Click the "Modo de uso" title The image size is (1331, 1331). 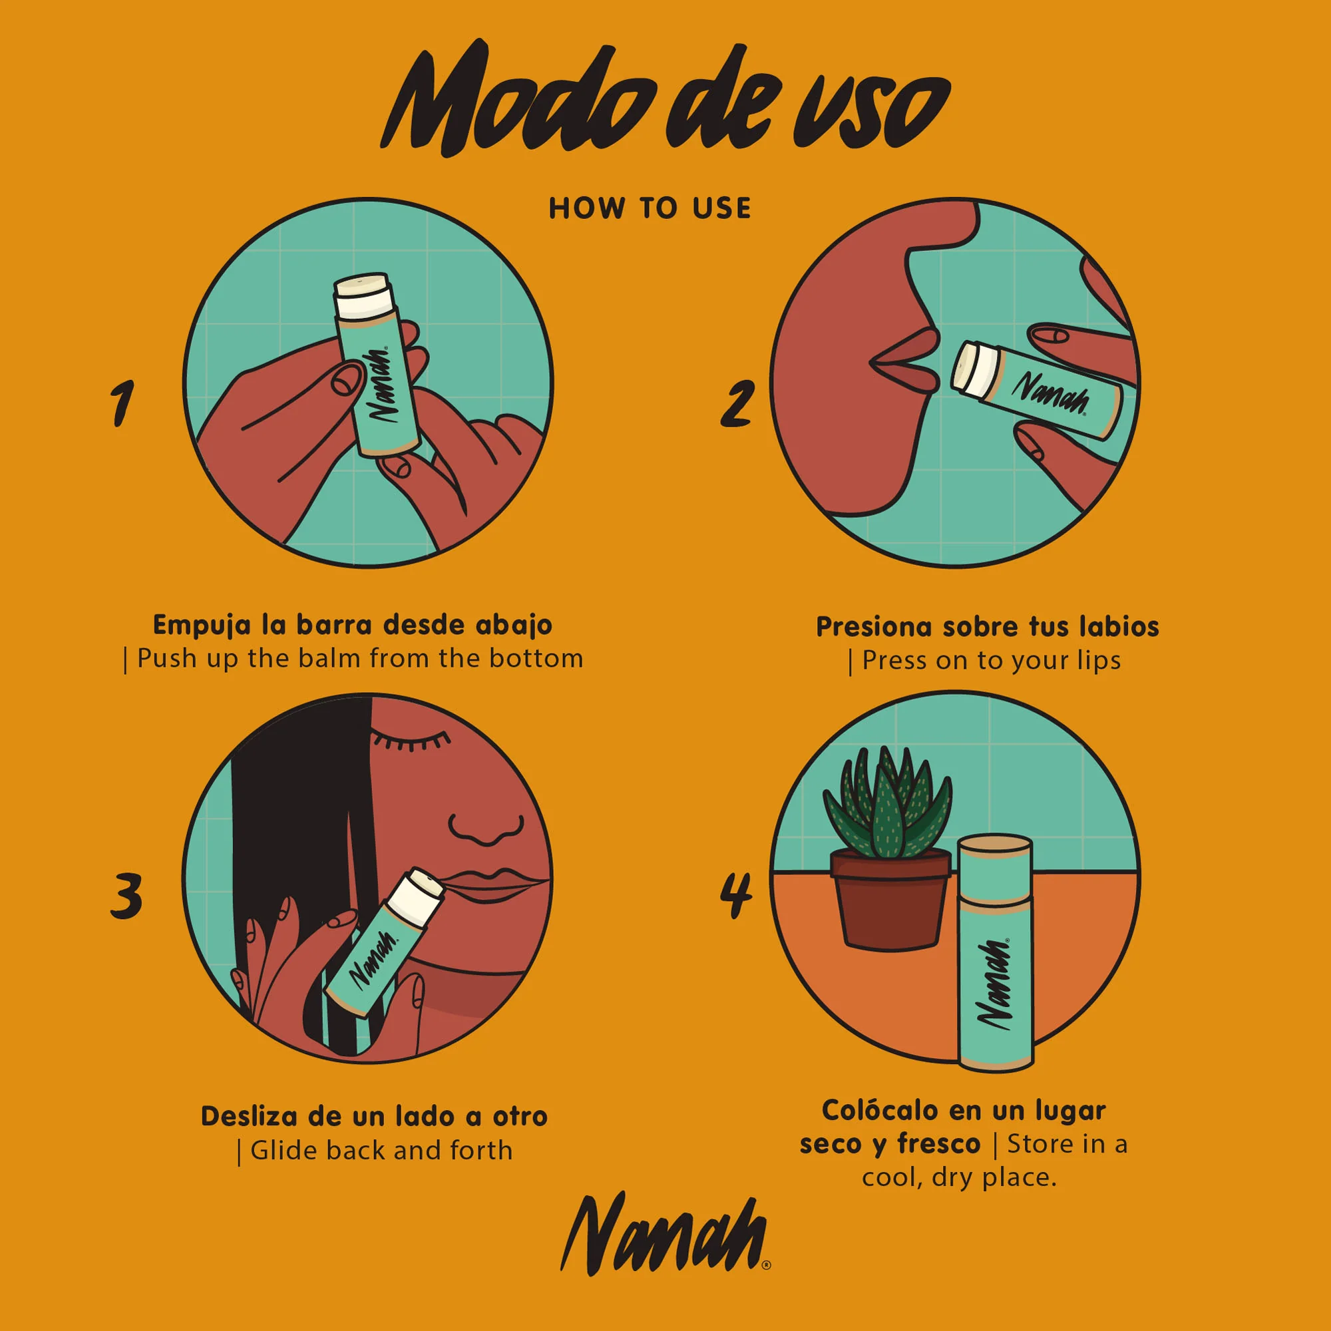(x=665, y=100)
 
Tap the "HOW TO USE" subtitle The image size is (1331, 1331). (x=650, y=209)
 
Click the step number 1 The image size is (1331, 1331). (x=122, y=403)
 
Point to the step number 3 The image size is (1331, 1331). (x=126, y=896)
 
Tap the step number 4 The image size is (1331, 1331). (x=736, y=896)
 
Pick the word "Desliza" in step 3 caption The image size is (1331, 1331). (x=250, y=1116)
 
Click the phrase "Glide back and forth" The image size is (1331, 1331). (x=380, y=1150)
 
